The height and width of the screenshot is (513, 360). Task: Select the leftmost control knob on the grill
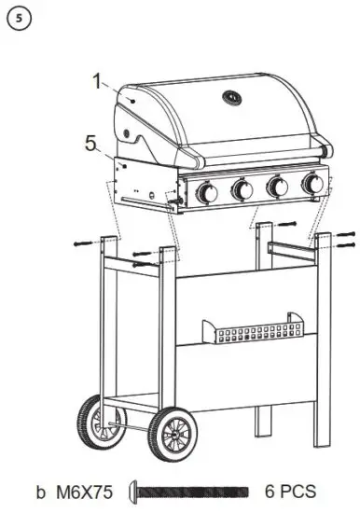pyautogui.click(x=206, y=192)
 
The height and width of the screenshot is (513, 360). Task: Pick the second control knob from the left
pyautogui.click(x=242, y=190)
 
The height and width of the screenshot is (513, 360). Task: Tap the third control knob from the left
pyautogui.click(x=277, y=187)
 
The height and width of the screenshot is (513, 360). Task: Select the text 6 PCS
pyautogui.click(x=290, y=491)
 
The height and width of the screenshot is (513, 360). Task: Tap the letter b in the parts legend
pyautogui.click(x=40, y=491)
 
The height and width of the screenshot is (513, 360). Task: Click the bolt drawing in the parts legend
pyautogui.click(x=192, y=491)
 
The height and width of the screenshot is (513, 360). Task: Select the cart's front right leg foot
pyautogui.click(x=325, y=438)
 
